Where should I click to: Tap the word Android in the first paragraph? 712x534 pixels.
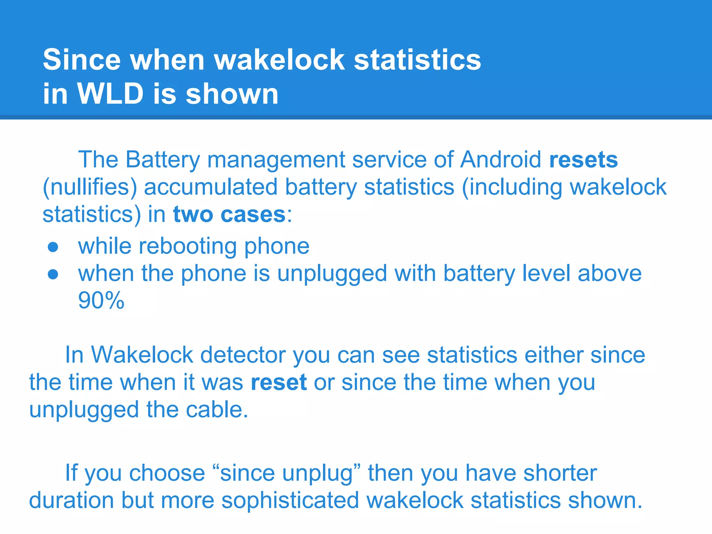(501, 160)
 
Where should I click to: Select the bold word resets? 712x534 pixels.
(584, 160)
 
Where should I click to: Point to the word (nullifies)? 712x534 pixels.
(90, 187)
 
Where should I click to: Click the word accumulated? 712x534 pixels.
(211, 187)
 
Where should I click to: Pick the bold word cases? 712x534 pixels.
(253, 214)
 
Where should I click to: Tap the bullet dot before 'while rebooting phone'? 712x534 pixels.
(53, 247)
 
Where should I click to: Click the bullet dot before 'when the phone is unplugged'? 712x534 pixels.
(53, 274)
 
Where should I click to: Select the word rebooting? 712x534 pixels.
(188, 246)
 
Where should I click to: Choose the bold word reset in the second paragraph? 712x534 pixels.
(279, 382)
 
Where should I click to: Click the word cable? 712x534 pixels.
(217, 410)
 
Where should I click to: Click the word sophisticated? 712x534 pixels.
(290, 500)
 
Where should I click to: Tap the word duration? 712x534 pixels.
(71, 500)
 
